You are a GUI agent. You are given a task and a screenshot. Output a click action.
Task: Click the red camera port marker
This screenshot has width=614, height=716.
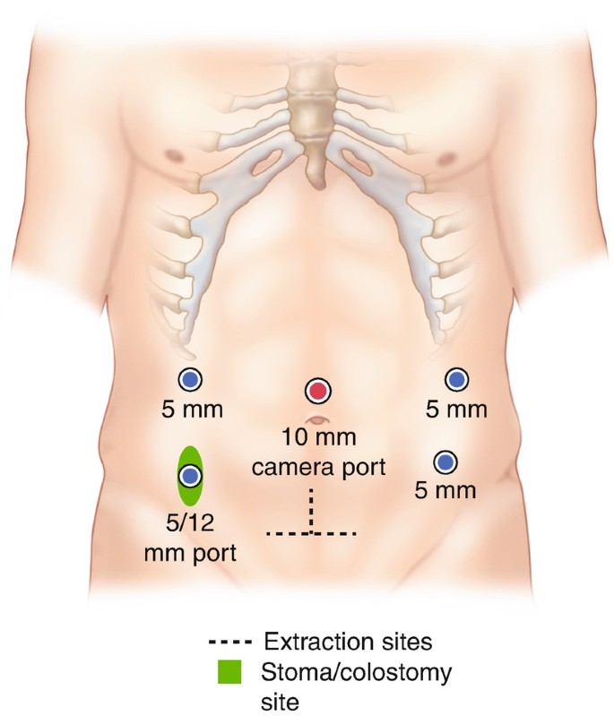point(317,391)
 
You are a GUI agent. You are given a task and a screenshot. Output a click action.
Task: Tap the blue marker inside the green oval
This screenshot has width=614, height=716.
point(189,475)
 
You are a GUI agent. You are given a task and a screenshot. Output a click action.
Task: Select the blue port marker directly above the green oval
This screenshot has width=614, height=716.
point(189,380)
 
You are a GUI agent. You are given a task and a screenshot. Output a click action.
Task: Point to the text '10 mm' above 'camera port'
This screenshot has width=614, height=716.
point(318,441)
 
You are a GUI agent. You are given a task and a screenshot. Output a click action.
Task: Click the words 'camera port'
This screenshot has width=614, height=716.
point(318,466)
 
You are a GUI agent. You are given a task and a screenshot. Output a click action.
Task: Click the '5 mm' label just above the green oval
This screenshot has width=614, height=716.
point(189,411)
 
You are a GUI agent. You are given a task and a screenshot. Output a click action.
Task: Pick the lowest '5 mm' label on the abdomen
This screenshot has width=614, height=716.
point(445,491)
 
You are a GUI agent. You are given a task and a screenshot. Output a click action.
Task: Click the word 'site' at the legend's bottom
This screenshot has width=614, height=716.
point(280,696)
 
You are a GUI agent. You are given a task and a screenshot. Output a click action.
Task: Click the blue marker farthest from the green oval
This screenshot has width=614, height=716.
point(457,380)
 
